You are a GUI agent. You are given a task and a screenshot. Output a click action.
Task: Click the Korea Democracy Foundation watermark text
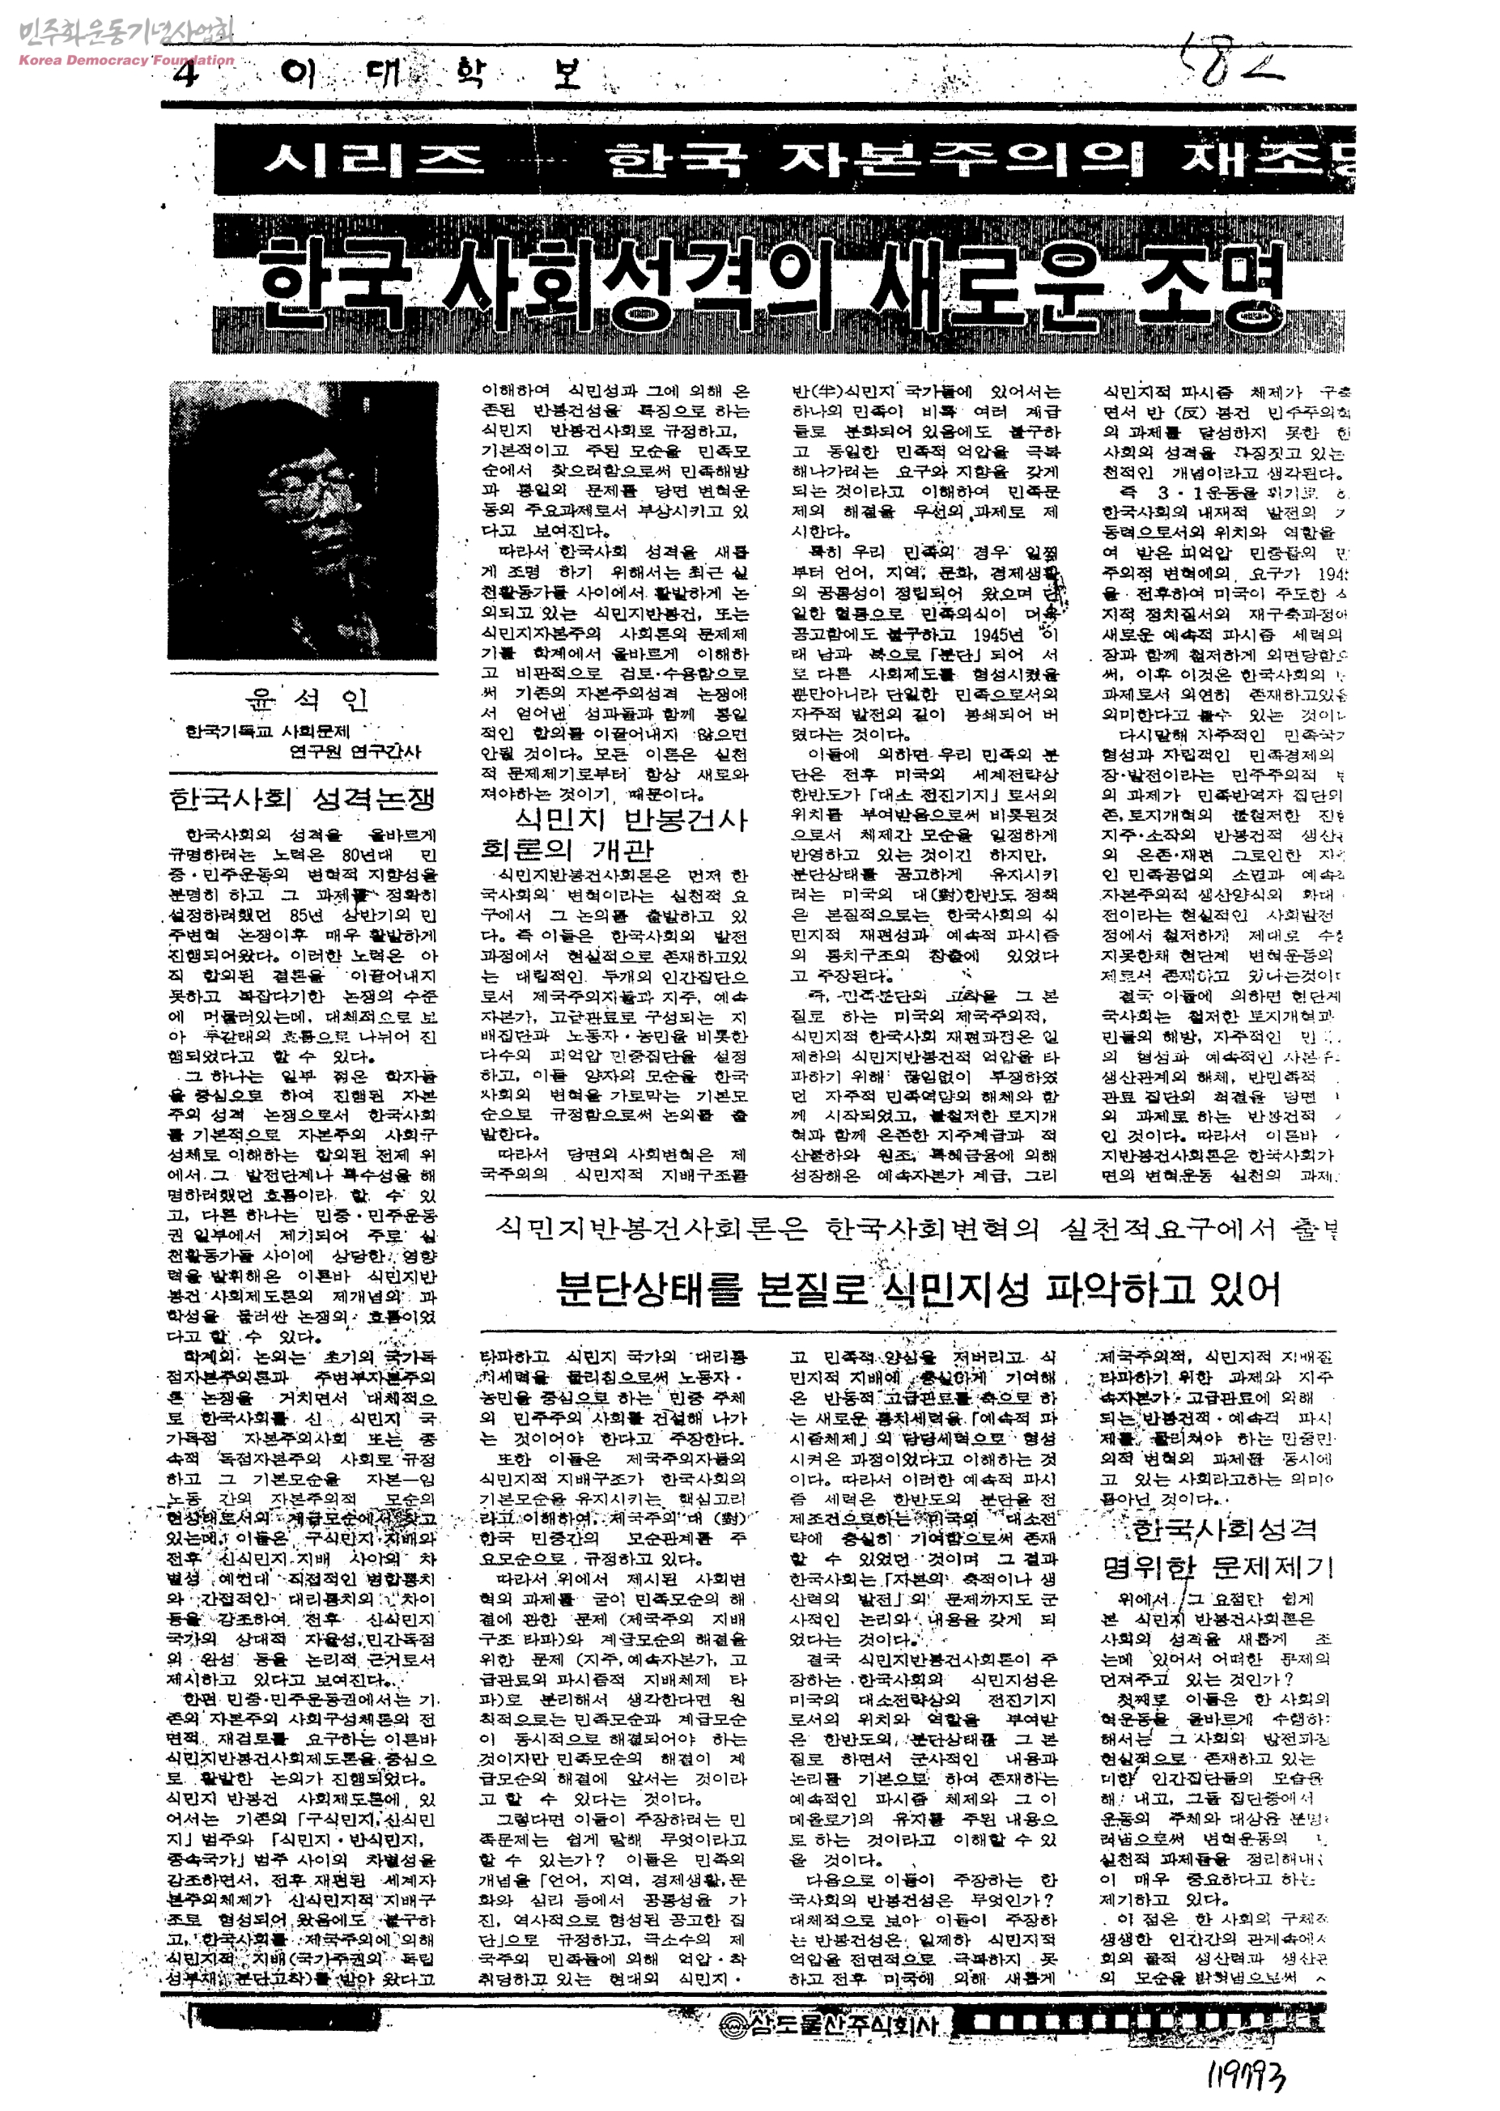pos(125,61)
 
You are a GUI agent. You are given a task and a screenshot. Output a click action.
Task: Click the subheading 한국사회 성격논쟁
pos(302,798)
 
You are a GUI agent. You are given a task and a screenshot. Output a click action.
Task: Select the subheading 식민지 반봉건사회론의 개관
pos(615,834)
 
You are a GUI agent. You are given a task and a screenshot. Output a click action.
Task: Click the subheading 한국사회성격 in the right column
pos(1223,1529)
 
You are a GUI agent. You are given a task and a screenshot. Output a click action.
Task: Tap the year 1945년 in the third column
pos(997,635)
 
